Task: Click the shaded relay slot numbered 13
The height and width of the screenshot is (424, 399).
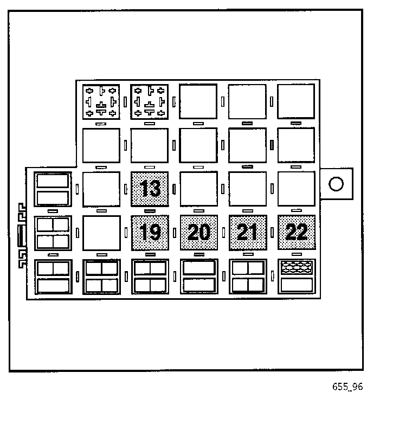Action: click(x=150, y=189)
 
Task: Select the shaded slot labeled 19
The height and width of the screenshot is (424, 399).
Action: click(x=150, y=233)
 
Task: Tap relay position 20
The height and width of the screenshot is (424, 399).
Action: click(x=199, y=233)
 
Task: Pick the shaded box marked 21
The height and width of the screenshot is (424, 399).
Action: click(x=248, y=233)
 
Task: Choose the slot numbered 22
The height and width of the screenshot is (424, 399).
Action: click(x=297, y=233)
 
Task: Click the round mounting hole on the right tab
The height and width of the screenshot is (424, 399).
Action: click(x=336, y=184)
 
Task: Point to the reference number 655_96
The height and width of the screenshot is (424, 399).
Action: click(x=347, y=387)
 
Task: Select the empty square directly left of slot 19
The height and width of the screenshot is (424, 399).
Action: click(x=101, y=233)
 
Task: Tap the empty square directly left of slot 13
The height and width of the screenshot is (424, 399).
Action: click(x=101, y=189)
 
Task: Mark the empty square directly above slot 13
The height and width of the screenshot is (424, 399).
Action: click(x=150, y=145)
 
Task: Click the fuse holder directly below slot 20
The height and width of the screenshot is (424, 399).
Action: click(x=199, y=277)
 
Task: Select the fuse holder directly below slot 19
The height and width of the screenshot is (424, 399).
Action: click(x=150, y=277)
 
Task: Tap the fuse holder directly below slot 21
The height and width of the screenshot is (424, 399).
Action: click(x=248, y=277)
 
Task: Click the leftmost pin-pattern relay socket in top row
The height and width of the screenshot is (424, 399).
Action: click(x=101, y=101)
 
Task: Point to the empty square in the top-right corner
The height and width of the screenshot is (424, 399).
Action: click(x=297, y=101)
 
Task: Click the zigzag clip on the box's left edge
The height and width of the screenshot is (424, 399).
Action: click(x=22, y=236)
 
